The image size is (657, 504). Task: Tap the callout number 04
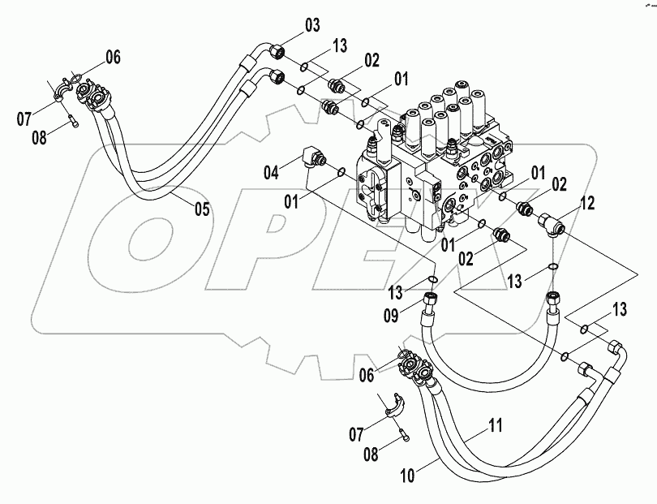pos(272,171)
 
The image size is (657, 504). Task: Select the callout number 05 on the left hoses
pos(201,209)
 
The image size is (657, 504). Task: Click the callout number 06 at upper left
pos(113,56)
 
